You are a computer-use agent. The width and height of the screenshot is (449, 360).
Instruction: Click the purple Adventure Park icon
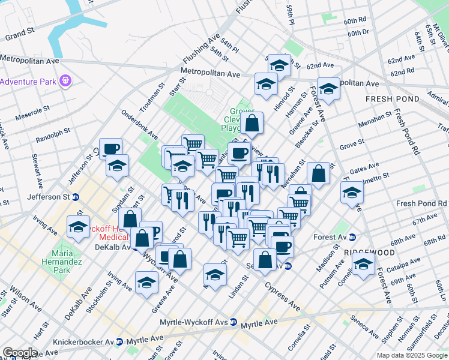[x=65, y=80]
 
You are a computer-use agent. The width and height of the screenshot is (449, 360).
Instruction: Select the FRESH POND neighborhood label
[x=387, y=98]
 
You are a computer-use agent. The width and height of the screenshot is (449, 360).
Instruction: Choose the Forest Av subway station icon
[x=352, y=237]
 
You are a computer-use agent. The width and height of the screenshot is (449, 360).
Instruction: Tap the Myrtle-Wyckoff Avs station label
[x=194, y=322]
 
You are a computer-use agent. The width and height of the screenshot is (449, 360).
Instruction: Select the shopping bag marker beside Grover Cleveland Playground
[x=253, y=124]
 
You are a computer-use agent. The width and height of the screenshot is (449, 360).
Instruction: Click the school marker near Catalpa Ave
[x=363, y=264]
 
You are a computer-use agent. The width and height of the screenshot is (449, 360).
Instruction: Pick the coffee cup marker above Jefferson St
[x=110, y=149]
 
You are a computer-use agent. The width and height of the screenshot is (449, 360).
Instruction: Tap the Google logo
[x=19, y=353]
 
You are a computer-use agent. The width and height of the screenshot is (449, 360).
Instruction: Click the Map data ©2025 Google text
[x=411, y=355]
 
